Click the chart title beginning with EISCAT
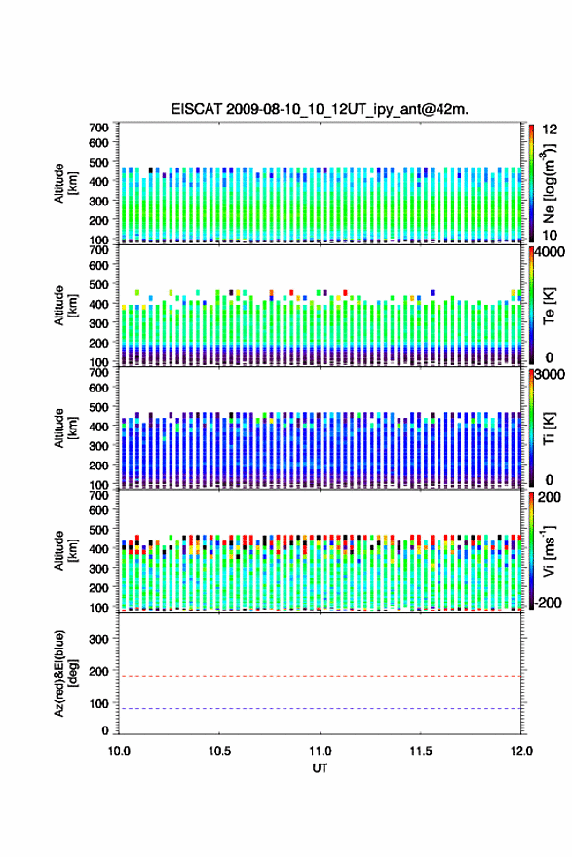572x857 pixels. (320, 109)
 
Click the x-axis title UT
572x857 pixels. (320, 768)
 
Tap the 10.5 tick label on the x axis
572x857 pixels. (219, 751)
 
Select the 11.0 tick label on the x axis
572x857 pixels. (320, 751)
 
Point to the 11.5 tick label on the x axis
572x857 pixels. (421, 751)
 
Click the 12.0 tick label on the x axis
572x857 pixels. (521, 751)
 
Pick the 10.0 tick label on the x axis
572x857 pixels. (119, 751)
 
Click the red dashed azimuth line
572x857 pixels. (320, 676)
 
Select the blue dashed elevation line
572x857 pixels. (320, 708)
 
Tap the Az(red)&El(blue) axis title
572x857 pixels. (65, 673)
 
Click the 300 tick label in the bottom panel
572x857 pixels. (99, 639)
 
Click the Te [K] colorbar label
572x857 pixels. (549, 306)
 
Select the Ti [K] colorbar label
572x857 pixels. (549, 428)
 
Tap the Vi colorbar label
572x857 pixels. (549, 551)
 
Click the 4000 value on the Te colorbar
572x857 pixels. (551, 252)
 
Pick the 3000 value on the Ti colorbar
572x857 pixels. (551, 374)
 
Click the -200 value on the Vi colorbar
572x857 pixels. (548, 602)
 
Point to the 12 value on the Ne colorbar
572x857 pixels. (550, 129)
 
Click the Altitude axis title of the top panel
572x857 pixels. (65, 183)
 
